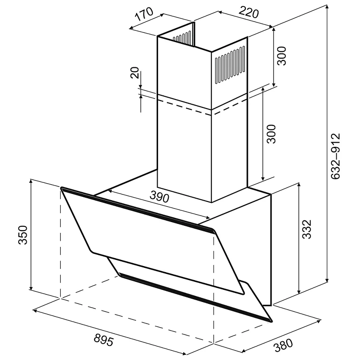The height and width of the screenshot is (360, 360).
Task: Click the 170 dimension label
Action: [144, 14]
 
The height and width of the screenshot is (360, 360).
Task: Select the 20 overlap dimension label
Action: [135, 73]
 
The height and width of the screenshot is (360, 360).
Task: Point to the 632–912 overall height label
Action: [336, 156]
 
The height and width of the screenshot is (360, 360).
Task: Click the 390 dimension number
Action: [159, 197]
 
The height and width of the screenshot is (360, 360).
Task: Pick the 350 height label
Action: [23, 235]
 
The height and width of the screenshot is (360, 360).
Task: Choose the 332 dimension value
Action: [307, 230]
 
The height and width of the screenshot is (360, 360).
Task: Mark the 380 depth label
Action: [284, 346]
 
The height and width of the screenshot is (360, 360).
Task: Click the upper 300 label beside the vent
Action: [282, 56]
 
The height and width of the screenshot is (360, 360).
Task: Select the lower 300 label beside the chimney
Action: [272, 134]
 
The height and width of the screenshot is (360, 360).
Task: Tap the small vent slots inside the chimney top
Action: [182, 37]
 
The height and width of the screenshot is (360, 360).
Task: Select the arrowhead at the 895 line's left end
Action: [35, 311]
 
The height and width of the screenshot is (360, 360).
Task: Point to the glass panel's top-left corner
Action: [62, 188]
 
